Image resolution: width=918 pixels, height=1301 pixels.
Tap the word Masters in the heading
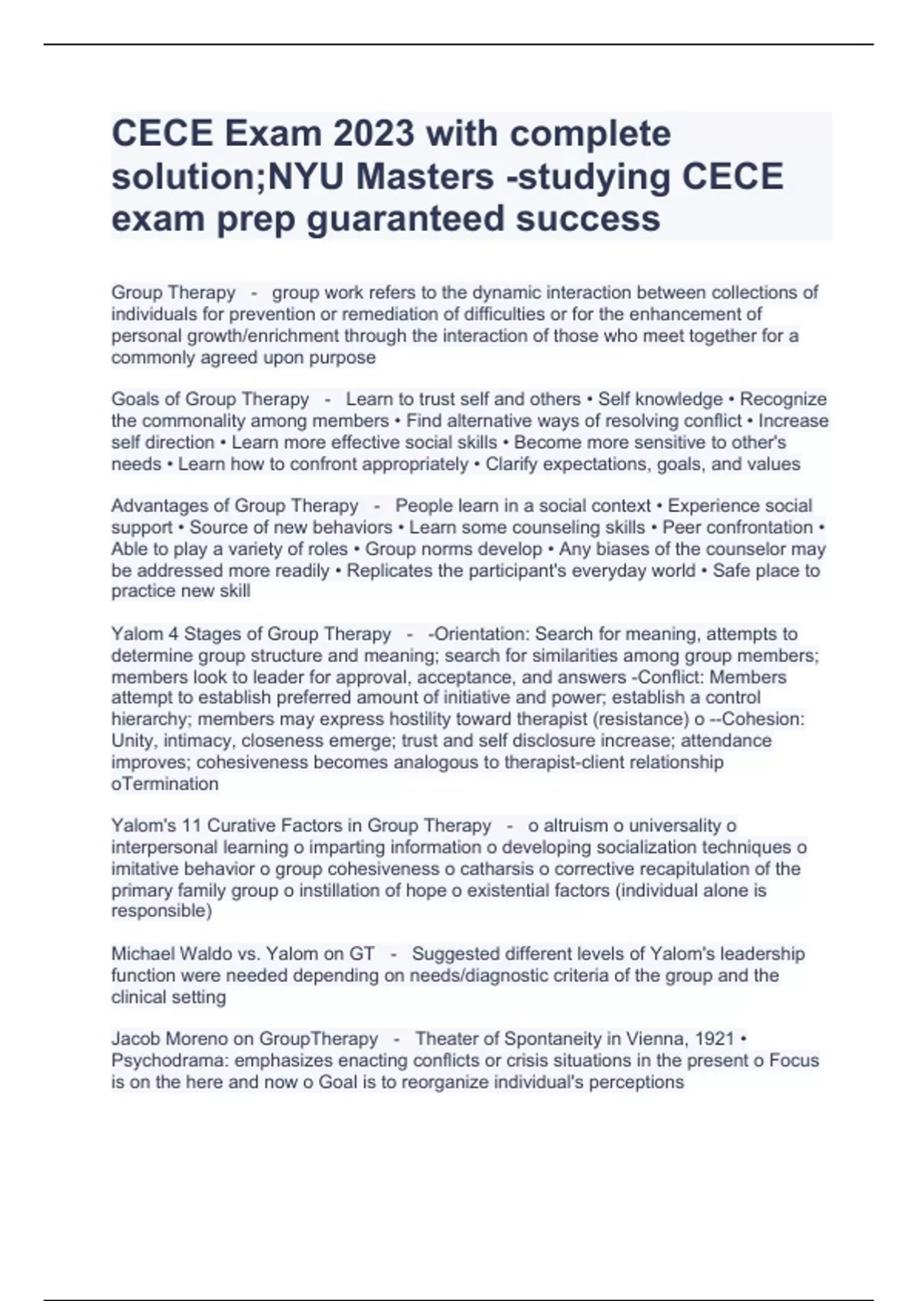424,177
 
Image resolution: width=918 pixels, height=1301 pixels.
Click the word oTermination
165,784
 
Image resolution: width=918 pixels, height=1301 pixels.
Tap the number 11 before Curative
193,826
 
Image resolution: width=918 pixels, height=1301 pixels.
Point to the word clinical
138,997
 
